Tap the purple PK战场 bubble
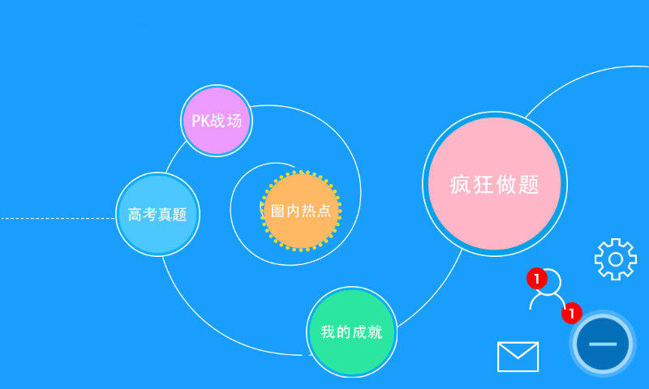[217, 121]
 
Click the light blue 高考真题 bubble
[157, 215]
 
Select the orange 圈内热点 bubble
[301, 211]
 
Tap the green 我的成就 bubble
[352, 331]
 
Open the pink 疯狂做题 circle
[494, 184]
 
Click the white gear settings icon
[615, 259]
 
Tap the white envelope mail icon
[518, 357]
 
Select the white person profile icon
[548, 291]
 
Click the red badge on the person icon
[535, 279]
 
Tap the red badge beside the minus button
[572, 312]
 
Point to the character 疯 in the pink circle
[460, 185]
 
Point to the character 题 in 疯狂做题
[528, 185]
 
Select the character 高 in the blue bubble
[135, 215]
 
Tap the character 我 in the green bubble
[328, 332]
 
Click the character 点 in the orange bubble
[324, 212]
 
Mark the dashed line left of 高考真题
[57, 218]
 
